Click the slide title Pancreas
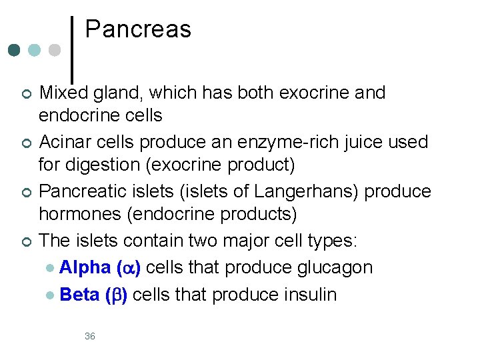[x=138, y=29]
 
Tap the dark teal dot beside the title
[x=15, y=50]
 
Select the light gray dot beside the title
[x=55, y=50]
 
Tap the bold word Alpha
[x=85, y=267]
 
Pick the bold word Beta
[x=79, y=294]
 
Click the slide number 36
[x=90, y=336]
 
